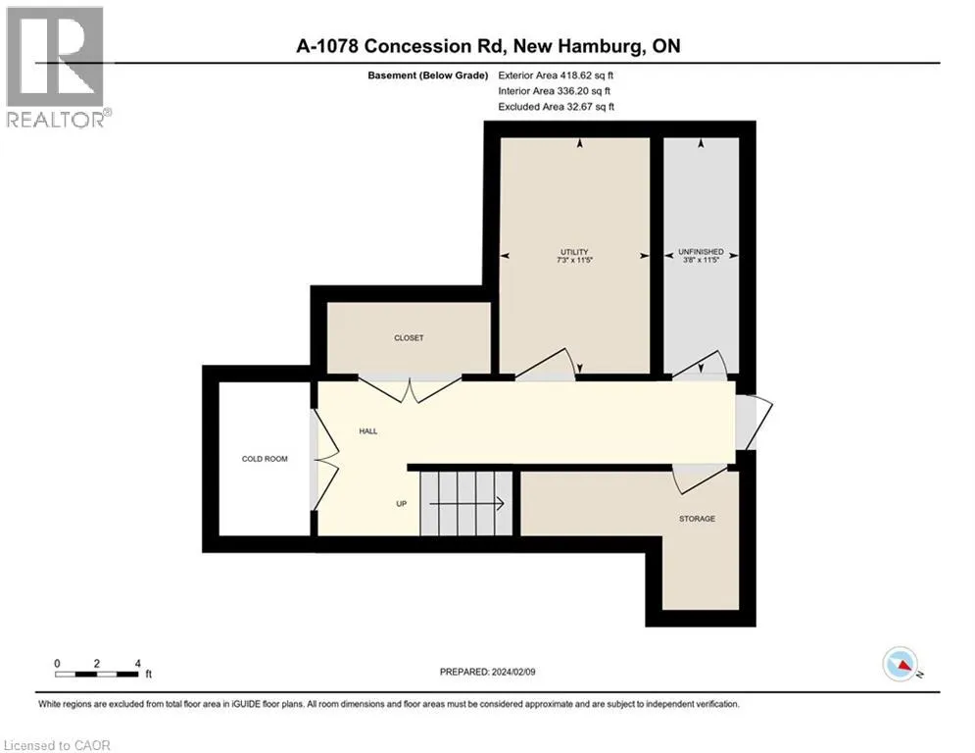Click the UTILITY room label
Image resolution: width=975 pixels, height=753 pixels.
click(574, 252)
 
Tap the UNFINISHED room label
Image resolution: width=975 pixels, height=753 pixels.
click(700, 252)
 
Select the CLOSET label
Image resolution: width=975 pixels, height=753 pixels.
click(409, 338)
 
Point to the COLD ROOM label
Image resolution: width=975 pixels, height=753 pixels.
click(265, 458)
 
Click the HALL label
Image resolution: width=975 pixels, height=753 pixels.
click(367, 430)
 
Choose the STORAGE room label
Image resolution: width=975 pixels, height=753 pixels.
click(697, 518)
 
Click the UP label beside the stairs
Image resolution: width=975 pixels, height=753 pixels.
click(401, 504)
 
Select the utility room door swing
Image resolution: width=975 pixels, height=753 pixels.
click(545, 364)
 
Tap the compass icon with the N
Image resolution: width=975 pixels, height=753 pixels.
click(901, 666)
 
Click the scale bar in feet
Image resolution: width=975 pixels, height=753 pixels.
click(97, 672)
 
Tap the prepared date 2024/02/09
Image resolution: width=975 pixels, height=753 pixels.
click(489, 672)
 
